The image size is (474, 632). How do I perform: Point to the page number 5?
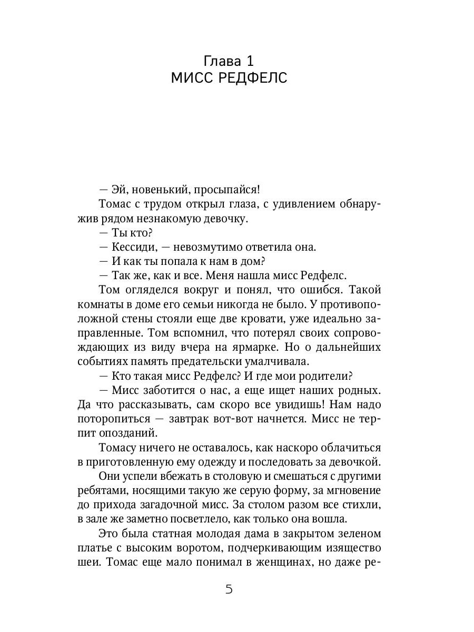point(229,589)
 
